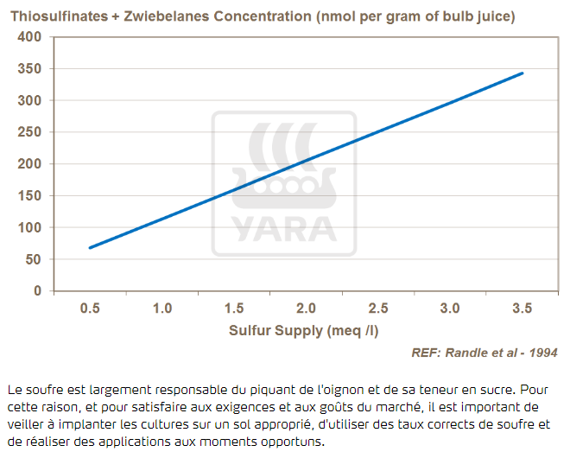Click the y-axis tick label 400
(x=29, y=37)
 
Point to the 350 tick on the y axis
(x=29, y=68)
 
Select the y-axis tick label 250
(x=29, y=132)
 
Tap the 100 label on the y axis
(x=29, y=227)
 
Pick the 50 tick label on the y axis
(x=33, y=259)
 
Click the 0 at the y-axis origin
(x=37, y=291)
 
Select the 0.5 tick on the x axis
(x=89, y=309)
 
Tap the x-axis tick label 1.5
(x=233, y=309)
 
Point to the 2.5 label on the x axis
(x=377, y=309)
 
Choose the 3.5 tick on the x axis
(x=522, y=309)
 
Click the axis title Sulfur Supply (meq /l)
(x=305, y=330)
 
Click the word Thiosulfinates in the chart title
(x=54, y=16)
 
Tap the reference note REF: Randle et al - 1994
(x=484, y=352)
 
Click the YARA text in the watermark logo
(x=284, y=229)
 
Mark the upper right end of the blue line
(x=522, y=73)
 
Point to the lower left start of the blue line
(x=90, y=248)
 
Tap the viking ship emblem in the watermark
(x=284, y=164)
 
